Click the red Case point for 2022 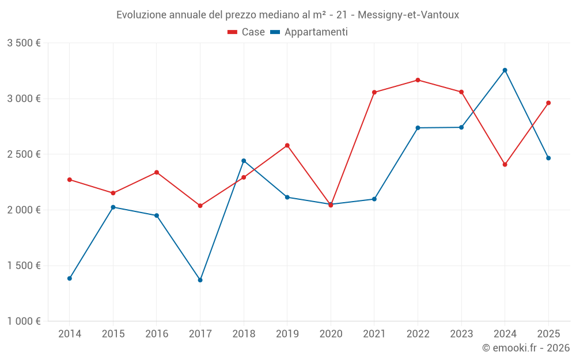(418, 80)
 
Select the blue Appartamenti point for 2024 (505, 70)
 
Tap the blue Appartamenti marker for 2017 (200, 280)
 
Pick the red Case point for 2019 (287, 145)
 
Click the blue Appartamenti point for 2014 (70, 278)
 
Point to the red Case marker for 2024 (505, 165)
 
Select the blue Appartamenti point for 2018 (244, 161)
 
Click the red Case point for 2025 (548, 103)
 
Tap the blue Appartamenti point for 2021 (374, 199)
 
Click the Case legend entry (247, 32)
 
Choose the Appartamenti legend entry (309, 32)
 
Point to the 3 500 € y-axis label (24, 43)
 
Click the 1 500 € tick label (24, 266)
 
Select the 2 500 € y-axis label (24, 154)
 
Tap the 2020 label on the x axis (331, 334)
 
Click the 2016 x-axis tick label (157, 334)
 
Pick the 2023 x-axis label (461, 334)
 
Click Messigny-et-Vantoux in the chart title (408, 15)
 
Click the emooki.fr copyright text (525, 348)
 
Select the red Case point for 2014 (70, 180)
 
